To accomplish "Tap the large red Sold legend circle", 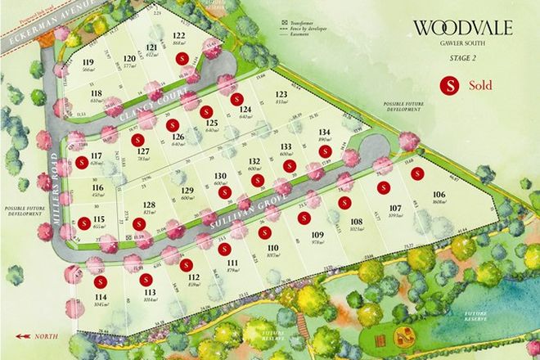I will click(x=448, y=84).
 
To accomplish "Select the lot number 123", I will click(x=281, y=93).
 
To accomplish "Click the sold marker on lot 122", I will click(x=186, y=57).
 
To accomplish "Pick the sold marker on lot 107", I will click(x=382, y=188).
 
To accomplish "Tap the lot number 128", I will click(x=150, y=205).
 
